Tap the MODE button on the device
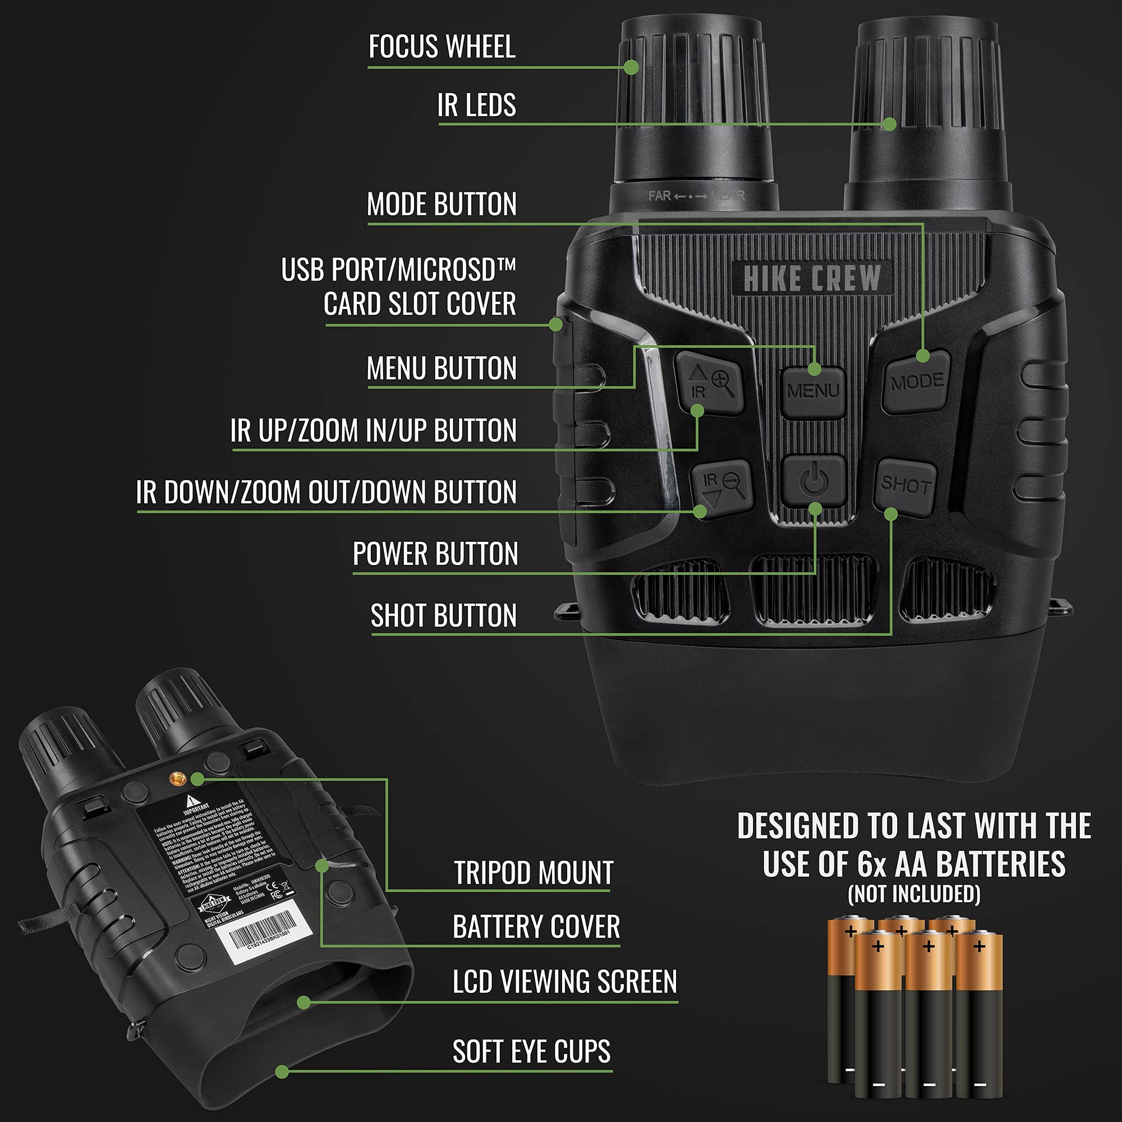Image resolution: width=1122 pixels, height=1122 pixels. (916, 382)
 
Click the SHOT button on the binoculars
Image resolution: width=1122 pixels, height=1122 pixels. (905, 485)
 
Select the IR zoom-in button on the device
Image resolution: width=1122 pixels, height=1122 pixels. (709, 383)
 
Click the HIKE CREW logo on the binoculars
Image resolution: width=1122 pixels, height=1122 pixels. (812, 278)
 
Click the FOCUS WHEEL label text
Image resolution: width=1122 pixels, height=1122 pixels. (442, 47)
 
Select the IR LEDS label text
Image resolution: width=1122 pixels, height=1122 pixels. (476, 105)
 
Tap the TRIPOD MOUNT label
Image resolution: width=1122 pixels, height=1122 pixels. (533, 873)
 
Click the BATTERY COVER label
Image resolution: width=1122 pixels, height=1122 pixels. (536, 927)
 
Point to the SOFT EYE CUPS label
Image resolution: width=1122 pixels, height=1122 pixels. (531, 1052)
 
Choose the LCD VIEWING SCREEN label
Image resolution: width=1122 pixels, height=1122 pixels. (564, 981)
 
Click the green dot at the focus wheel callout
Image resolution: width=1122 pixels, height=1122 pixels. (631, 67)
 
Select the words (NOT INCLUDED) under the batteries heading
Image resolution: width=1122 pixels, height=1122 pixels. (914, 894)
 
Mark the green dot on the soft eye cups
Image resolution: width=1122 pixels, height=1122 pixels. (282, 1072)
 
